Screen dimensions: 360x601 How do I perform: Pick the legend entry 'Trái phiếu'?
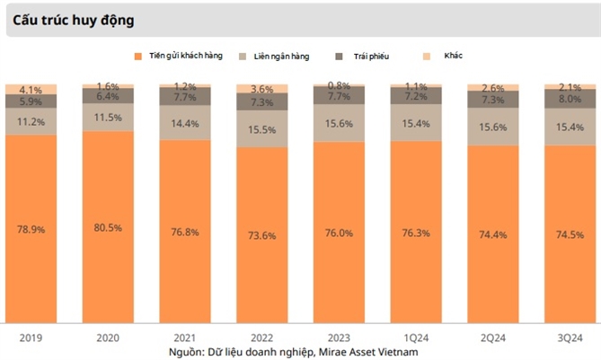pos(371,57)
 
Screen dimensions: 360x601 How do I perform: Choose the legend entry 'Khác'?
pos(454,57)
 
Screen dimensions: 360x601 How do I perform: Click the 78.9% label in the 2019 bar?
pos(31,229)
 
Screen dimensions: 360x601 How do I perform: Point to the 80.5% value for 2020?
pos(108,227)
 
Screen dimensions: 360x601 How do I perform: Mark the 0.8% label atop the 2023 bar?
pos(340,86)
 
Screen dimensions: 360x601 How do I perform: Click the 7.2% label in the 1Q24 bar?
pos(417,96)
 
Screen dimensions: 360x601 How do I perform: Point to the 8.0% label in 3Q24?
pos(570,100)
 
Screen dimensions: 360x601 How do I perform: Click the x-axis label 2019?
pos(31,337)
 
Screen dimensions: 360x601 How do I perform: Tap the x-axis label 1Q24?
pos(417,337)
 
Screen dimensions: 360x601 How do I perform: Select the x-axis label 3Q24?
pos(570,337)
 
